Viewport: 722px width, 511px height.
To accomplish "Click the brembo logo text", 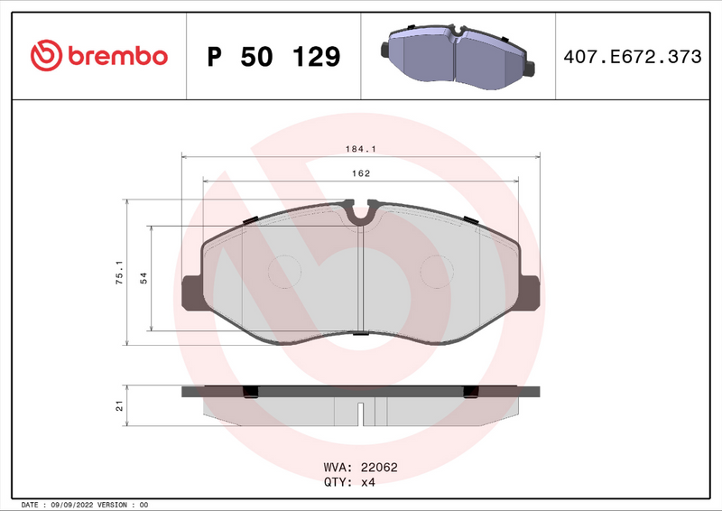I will coord(116,56).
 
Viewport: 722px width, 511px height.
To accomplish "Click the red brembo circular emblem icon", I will coord(44,56).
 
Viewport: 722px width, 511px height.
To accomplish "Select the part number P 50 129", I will coord(273,57).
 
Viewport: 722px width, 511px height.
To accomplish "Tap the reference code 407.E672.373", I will coord(632,57).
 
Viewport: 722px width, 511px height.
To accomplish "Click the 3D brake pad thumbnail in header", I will coord(458,54).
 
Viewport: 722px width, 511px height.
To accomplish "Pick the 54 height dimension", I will coord(143,279).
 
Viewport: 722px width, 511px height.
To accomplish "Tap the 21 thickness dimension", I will coord(118,405).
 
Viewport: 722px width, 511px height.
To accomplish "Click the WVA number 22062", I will coord(379,468).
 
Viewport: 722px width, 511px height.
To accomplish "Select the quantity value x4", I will coord(368,482).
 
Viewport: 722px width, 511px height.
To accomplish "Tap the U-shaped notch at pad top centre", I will coord(361,214).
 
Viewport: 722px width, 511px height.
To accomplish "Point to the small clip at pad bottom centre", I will coord(360,333).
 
